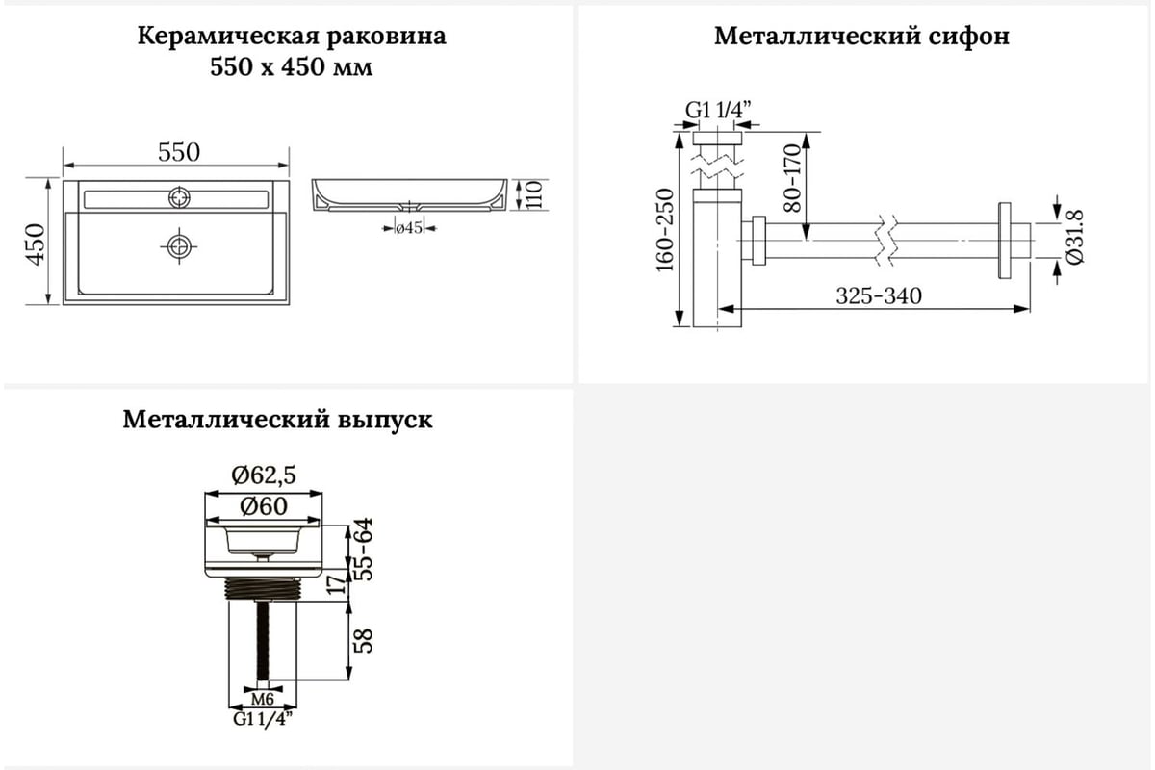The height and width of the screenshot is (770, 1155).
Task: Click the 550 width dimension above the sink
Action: pyautogui.click(x=179, y=152)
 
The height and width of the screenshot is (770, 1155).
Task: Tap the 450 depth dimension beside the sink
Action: pyautogui.click(x=37, y=244)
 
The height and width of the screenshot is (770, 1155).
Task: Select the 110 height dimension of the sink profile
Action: pyautogui.click(x=534, y=194)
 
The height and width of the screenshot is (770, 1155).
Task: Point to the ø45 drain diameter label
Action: pyautogui.click(x=409, y=227)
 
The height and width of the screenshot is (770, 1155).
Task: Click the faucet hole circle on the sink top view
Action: pyautogui.click(x=179, y=197)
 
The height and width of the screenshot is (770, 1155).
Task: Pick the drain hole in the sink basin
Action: pyautogui.click(x=179, y=246)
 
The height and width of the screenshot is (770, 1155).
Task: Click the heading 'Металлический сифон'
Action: pyautogui.click(x=861, y=37)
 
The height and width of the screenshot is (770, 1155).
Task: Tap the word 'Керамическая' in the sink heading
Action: pyautogui.click(x=228, y=37)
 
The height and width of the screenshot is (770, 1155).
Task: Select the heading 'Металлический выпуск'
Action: pyautogui.click(x=277, y=420)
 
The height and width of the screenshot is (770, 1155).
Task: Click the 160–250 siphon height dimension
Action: pyautogui.click(x=665, y=230)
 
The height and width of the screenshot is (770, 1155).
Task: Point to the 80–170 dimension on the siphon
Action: pyautogui.click(x=792, y=178)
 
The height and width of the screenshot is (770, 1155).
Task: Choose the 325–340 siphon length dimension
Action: pyautogui.click(x=879, y=296)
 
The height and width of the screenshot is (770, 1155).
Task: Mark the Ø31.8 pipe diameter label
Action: pyautogui.click(x=1075, y=237)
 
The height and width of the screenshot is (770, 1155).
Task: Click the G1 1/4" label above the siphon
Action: pyautogui.click(x=718, y=110)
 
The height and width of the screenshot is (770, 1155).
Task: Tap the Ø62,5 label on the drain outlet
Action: pyautogui.click(x=264, y=475)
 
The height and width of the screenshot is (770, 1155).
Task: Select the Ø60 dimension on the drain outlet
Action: pyautogui.click(x=264, y=506)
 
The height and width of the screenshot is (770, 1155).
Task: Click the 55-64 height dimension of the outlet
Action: pyautogui.click(x=363, y=550)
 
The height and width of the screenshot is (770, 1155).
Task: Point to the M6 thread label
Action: pyautogui.click(x=263, y=700)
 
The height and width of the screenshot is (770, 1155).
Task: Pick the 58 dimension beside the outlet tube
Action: pyautogui.click(x=363, y=641)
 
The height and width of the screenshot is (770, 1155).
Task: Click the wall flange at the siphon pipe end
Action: pyautogui.click(x=1004, y=241)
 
